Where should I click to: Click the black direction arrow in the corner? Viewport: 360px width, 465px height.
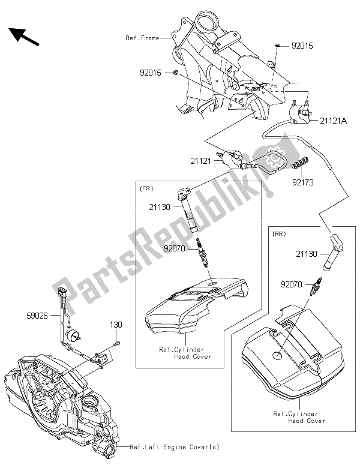[x=24, y=37]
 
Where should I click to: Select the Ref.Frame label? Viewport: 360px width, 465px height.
[x=142, y=38]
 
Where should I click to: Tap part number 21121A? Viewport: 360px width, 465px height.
[x=332, y=121]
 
